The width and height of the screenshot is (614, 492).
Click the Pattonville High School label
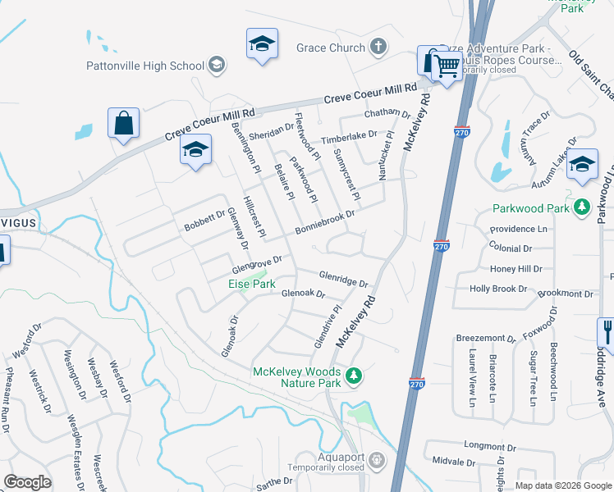coord(145,65)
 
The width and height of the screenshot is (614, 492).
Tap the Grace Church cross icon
coord(378,48)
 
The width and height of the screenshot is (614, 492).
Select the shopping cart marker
coord(447,66)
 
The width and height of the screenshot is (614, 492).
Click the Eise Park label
coord(251,284)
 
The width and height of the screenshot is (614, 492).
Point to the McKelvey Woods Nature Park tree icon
coord(354,376)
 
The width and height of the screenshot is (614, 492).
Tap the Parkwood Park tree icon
coord(582,207)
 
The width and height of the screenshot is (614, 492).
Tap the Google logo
coord(27,482)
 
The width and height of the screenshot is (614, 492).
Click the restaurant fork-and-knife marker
coord(607,331)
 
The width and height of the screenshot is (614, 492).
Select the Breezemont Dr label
coord(485,338)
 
